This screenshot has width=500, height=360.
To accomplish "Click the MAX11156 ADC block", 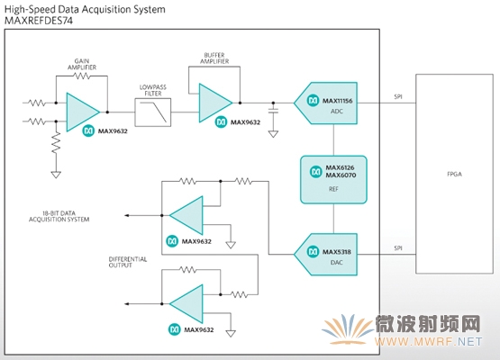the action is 326,103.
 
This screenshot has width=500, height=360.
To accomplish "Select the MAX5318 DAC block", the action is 326,254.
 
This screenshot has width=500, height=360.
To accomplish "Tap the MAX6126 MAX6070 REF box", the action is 333,179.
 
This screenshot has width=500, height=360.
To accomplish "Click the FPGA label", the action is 454,174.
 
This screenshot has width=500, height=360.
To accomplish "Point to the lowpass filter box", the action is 153,112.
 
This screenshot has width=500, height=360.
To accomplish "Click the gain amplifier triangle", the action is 83,112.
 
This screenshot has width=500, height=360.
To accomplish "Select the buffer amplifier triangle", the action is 215,103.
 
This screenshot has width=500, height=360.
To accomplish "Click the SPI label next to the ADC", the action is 398,96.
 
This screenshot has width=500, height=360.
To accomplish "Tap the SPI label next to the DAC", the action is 398,247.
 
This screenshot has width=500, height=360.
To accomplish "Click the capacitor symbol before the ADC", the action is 273,111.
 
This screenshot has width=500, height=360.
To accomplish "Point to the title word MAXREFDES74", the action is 39,21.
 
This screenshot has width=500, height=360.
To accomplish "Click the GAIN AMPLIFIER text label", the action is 82,64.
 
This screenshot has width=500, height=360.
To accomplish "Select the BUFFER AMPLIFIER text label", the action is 214,58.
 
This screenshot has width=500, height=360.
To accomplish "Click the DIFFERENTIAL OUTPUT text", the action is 128,262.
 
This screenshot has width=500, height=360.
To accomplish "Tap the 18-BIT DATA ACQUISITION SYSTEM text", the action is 59,216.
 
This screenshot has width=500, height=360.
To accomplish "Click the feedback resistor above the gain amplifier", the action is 82,76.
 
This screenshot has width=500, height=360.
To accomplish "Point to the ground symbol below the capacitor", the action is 273,134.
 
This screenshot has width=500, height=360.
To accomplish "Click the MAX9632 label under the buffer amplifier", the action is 246,122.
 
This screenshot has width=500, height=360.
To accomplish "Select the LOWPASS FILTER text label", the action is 153,90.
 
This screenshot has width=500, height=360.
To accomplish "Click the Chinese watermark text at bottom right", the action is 428,324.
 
